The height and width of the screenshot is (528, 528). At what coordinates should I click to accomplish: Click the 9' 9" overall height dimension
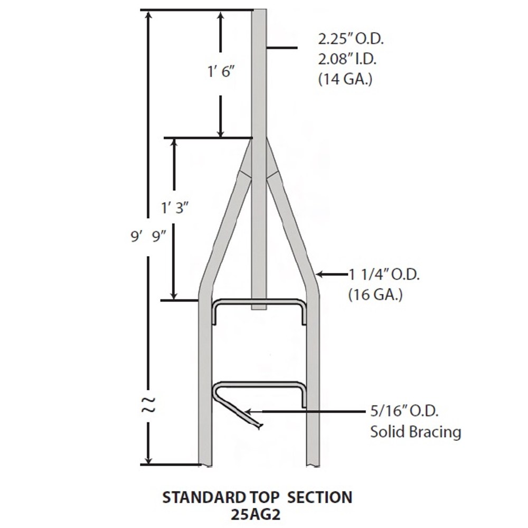(148, 237)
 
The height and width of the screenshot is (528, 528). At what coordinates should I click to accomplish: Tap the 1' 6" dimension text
(221, 72)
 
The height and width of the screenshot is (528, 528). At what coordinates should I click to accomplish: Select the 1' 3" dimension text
(174, 208)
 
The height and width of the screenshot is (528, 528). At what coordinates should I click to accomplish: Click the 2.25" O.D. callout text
(351, 40)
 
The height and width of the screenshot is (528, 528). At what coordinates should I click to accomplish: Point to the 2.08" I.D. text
(347, 59)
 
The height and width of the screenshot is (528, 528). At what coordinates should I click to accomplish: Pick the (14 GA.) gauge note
(345, 80)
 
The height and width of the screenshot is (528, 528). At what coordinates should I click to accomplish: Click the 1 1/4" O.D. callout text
(384, 275)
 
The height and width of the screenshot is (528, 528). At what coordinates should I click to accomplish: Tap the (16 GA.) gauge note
(375, 295)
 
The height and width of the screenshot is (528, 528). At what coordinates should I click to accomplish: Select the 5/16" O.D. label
(404, 411)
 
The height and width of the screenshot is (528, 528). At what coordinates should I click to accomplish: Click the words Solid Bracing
(416, 432)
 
